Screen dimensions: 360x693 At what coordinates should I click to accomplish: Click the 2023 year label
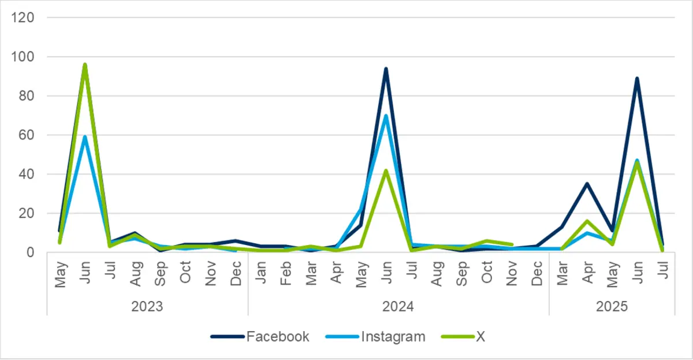point(147,306)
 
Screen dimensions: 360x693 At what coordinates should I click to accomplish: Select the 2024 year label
point(398,306)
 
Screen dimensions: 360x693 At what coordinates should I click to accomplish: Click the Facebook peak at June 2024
point(386,69)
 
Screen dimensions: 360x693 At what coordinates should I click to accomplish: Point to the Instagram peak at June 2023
point(85,137)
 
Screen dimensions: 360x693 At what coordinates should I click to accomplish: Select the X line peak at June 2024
point(386,170)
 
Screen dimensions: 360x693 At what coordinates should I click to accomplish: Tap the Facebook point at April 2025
point(586,184)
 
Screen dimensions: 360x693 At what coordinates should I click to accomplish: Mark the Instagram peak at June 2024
point(386,116)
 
